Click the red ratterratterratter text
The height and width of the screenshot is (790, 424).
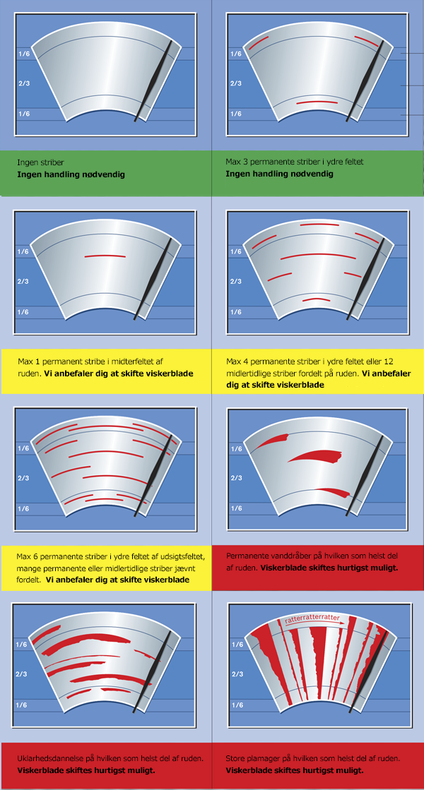[x=311, y=619]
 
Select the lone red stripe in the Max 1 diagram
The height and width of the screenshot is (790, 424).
[x=105, y=256]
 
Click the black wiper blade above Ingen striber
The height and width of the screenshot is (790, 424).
[x=153, y=80]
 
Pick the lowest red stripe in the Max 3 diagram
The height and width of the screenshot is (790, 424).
[x=317, y=102]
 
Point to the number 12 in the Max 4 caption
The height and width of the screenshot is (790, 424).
[x=388, y=362]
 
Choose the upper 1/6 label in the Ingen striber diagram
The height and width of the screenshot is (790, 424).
[x=24, y=54]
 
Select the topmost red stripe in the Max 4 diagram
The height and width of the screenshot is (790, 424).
[x=319, y=225]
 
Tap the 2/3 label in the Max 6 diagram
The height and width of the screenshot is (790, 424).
[x=24, y=478]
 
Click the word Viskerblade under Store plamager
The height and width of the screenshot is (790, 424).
[x=249, y=770]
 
